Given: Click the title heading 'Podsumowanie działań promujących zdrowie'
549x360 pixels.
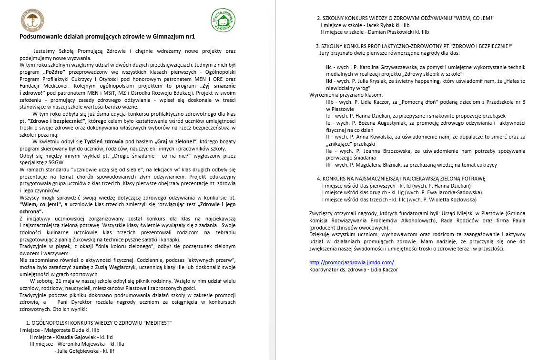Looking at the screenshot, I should (107, 36).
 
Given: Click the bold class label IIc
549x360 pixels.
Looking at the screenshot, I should (329, 67).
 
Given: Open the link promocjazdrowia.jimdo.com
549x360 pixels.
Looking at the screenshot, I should (352, 262).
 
